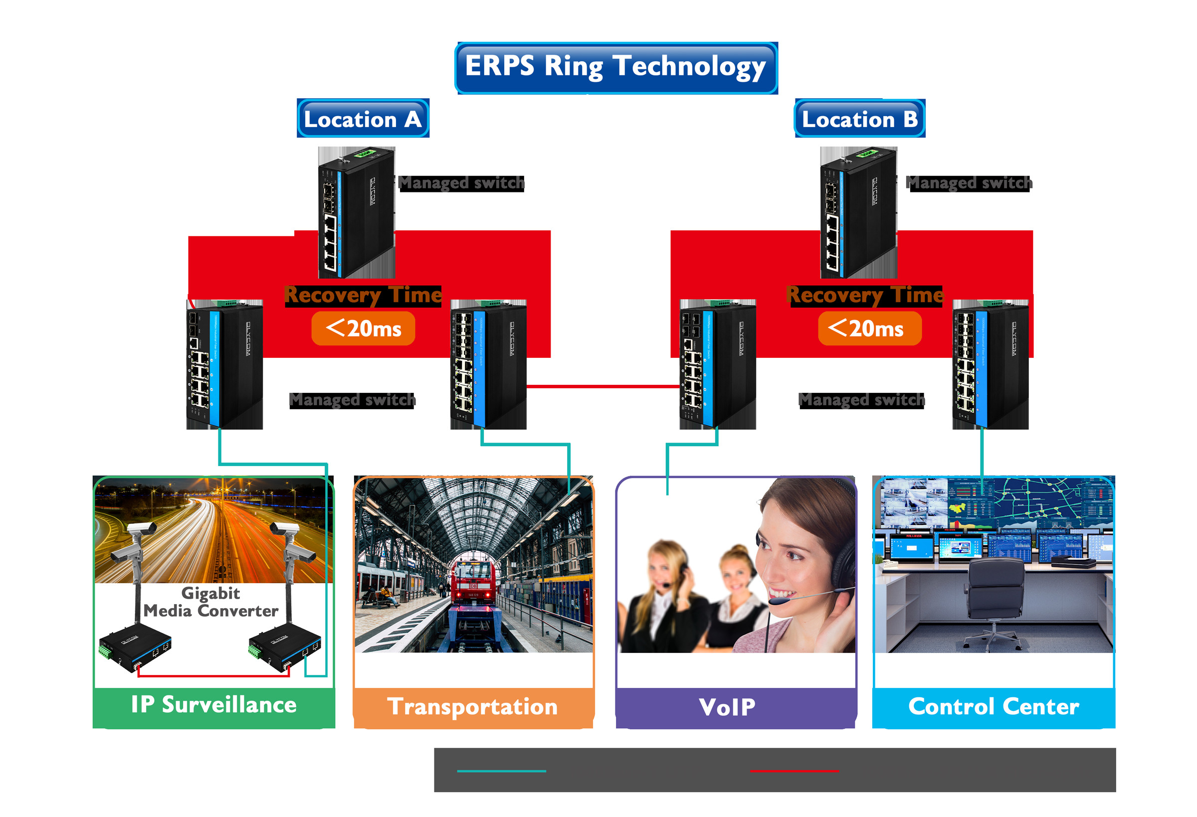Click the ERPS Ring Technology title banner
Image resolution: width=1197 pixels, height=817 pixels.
tap(615, 67)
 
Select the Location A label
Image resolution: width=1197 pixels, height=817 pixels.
tap(363, 119)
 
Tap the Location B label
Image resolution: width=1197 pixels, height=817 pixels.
tap(859, 119)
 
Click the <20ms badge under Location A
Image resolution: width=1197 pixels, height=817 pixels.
tap(363, 328)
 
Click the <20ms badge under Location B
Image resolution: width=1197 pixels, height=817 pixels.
tap(869, 328)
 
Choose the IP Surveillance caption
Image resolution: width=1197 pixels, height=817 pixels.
tap(213, 705)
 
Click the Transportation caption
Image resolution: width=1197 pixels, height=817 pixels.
tap(472, 706)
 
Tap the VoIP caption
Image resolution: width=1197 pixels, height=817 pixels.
tap(727, 707)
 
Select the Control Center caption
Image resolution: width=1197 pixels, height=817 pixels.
tap(993, 706)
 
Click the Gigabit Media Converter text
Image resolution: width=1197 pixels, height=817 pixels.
tap(210, 602)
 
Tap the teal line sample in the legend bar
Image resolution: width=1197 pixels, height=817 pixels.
tap(501, 771)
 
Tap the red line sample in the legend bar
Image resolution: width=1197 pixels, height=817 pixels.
tap(794, 771)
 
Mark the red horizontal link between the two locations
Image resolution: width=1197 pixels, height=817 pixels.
tap(602, 386)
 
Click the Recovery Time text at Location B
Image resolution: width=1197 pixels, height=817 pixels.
tap(865, 296)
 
